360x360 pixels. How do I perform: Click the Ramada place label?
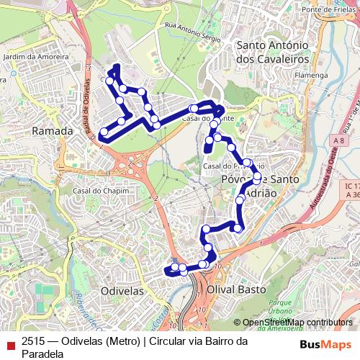click(53, 132)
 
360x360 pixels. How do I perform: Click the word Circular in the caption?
click(170, 341)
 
